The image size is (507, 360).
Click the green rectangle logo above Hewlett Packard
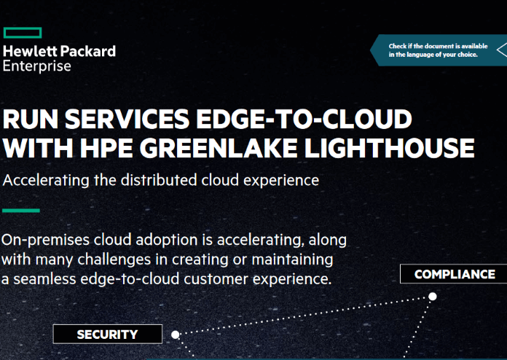(23, 33)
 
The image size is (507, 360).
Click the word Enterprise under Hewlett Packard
(37, 66)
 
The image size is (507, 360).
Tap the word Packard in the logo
(88, 51)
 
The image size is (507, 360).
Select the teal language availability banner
(439, 50)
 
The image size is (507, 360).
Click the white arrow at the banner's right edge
(502, 50)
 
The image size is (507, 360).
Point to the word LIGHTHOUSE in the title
(389, 148)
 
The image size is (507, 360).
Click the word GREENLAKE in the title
(219, 148)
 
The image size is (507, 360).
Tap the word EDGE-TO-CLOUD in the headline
(304, 119)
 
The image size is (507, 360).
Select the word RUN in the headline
(30, 119)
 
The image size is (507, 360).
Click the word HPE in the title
(106, 148)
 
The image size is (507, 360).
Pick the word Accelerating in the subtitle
(46, 181)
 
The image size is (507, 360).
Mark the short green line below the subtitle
(21, 211)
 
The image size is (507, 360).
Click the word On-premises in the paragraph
(45, 240)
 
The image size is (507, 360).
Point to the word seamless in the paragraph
(44, 279)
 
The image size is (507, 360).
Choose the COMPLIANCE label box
(454, 274)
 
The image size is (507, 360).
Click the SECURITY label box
(108, 334)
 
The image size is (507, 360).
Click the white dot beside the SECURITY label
(176, 334)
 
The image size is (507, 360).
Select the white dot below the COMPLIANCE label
(433, 297)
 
